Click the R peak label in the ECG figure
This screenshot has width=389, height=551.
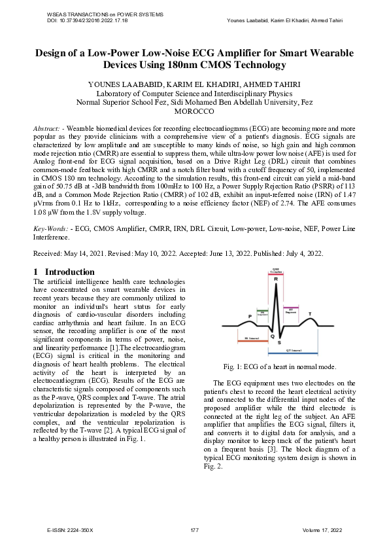pyautogui.click(x=276, y=279)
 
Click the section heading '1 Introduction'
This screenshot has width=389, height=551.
pyautogui.click(x=63, y=272)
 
